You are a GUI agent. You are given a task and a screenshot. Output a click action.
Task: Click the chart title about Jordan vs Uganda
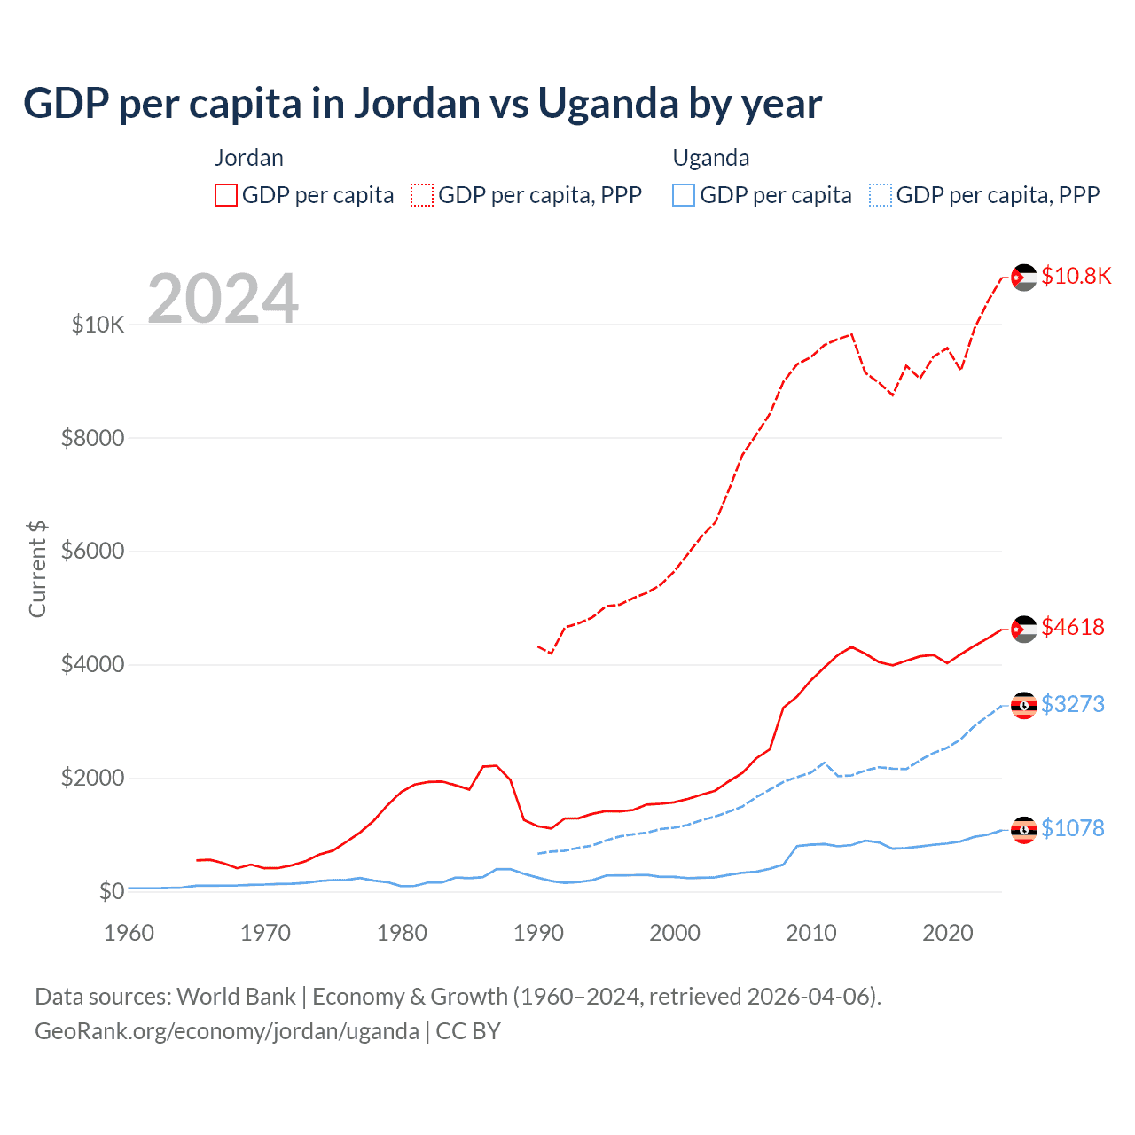coord(422,104)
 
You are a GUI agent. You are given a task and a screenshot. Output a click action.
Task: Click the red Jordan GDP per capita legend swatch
coord(226,195)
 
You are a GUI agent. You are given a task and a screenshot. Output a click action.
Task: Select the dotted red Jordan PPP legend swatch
coord(422,195)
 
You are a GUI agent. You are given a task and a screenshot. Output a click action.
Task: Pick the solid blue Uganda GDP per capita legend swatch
coord(684,195)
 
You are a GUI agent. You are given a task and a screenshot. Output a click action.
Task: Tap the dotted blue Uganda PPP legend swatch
coord(881,195)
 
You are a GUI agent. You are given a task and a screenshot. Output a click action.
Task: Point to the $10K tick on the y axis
coord(98,325)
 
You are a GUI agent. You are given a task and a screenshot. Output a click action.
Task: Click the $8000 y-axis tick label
coord(92,438)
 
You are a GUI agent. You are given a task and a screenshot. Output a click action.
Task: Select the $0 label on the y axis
coord(111,891)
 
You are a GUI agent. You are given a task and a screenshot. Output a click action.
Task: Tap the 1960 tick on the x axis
coord(129,933)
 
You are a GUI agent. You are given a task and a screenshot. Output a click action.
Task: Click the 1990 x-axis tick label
coord(538,933)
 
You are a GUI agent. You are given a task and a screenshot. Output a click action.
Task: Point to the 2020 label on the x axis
coord(948,933)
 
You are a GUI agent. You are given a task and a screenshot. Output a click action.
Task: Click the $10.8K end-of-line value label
coord(1076,276)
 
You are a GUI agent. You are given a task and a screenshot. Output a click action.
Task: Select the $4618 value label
coord(1073,627)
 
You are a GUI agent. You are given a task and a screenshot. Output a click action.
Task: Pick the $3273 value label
coord(1073,704)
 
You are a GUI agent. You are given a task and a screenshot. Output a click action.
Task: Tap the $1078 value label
coord(1073,828)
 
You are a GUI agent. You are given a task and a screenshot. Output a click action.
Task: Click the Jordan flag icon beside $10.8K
coord(1024,278)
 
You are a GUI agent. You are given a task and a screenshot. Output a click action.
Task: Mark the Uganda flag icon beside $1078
coord(1024,830)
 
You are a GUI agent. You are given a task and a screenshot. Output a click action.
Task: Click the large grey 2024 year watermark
coord(223,299)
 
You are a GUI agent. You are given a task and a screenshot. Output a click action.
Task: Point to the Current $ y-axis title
coord(37,569)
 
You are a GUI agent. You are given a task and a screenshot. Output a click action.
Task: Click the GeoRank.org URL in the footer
coord(227,1031)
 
